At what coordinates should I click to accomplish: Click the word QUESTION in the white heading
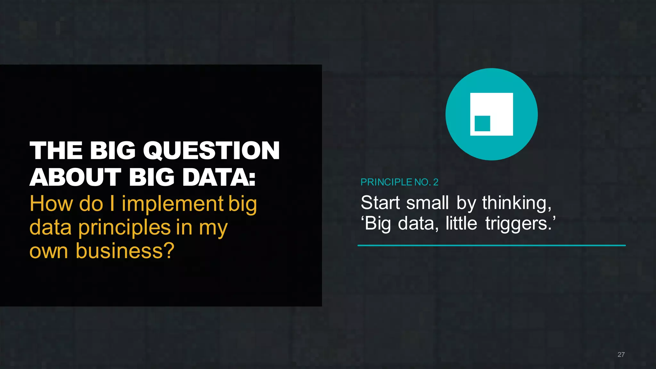pyautogui.click(x=211, y=151)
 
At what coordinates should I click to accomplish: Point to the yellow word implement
pyautogui.click(x=172, y=204)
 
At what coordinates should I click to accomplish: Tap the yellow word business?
pyautogui.click(x=125, y=251)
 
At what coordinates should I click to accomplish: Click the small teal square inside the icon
pyautogui.click(x=482, y=124)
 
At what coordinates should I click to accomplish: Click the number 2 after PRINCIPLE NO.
pyautogui.click(x=436, y=182)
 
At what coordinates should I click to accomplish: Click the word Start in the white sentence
pyautogui.click(x=380, y=203)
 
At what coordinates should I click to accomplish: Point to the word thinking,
pyautogui.click(x=517, y=203)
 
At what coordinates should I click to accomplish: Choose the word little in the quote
pyautogui.click(x=461, y=223)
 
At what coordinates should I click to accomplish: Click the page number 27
pyautogui.click(x=621, y=355)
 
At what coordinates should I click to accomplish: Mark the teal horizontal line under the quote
pyautogui.click(x=491, y=245)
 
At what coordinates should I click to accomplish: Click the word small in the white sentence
pyautogui.click(x=427, y=203)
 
